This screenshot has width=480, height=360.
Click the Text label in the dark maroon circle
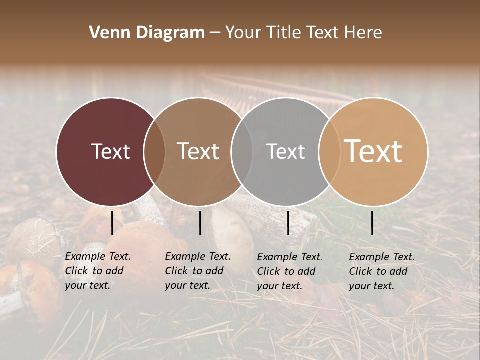tap(110, 151)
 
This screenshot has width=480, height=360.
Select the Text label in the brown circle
tap(198, 151)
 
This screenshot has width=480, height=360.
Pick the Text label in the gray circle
tap(285, 151)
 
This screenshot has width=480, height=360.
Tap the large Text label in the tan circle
tap(373, 151)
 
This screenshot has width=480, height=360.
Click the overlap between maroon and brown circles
tap(154, 151)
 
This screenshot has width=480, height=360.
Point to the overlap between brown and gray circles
tap(242, 151)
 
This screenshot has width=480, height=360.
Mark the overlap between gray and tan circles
tap(329, 151)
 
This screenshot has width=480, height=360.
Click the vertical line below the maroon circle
tap(112, 223)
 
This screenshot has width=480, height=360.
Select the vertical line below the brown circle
tap(200, 223)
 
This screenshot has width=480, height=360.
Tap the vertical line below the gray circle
tap(288, 223)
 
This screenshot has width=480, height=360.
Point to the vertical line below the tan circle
tap(372, 223)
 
